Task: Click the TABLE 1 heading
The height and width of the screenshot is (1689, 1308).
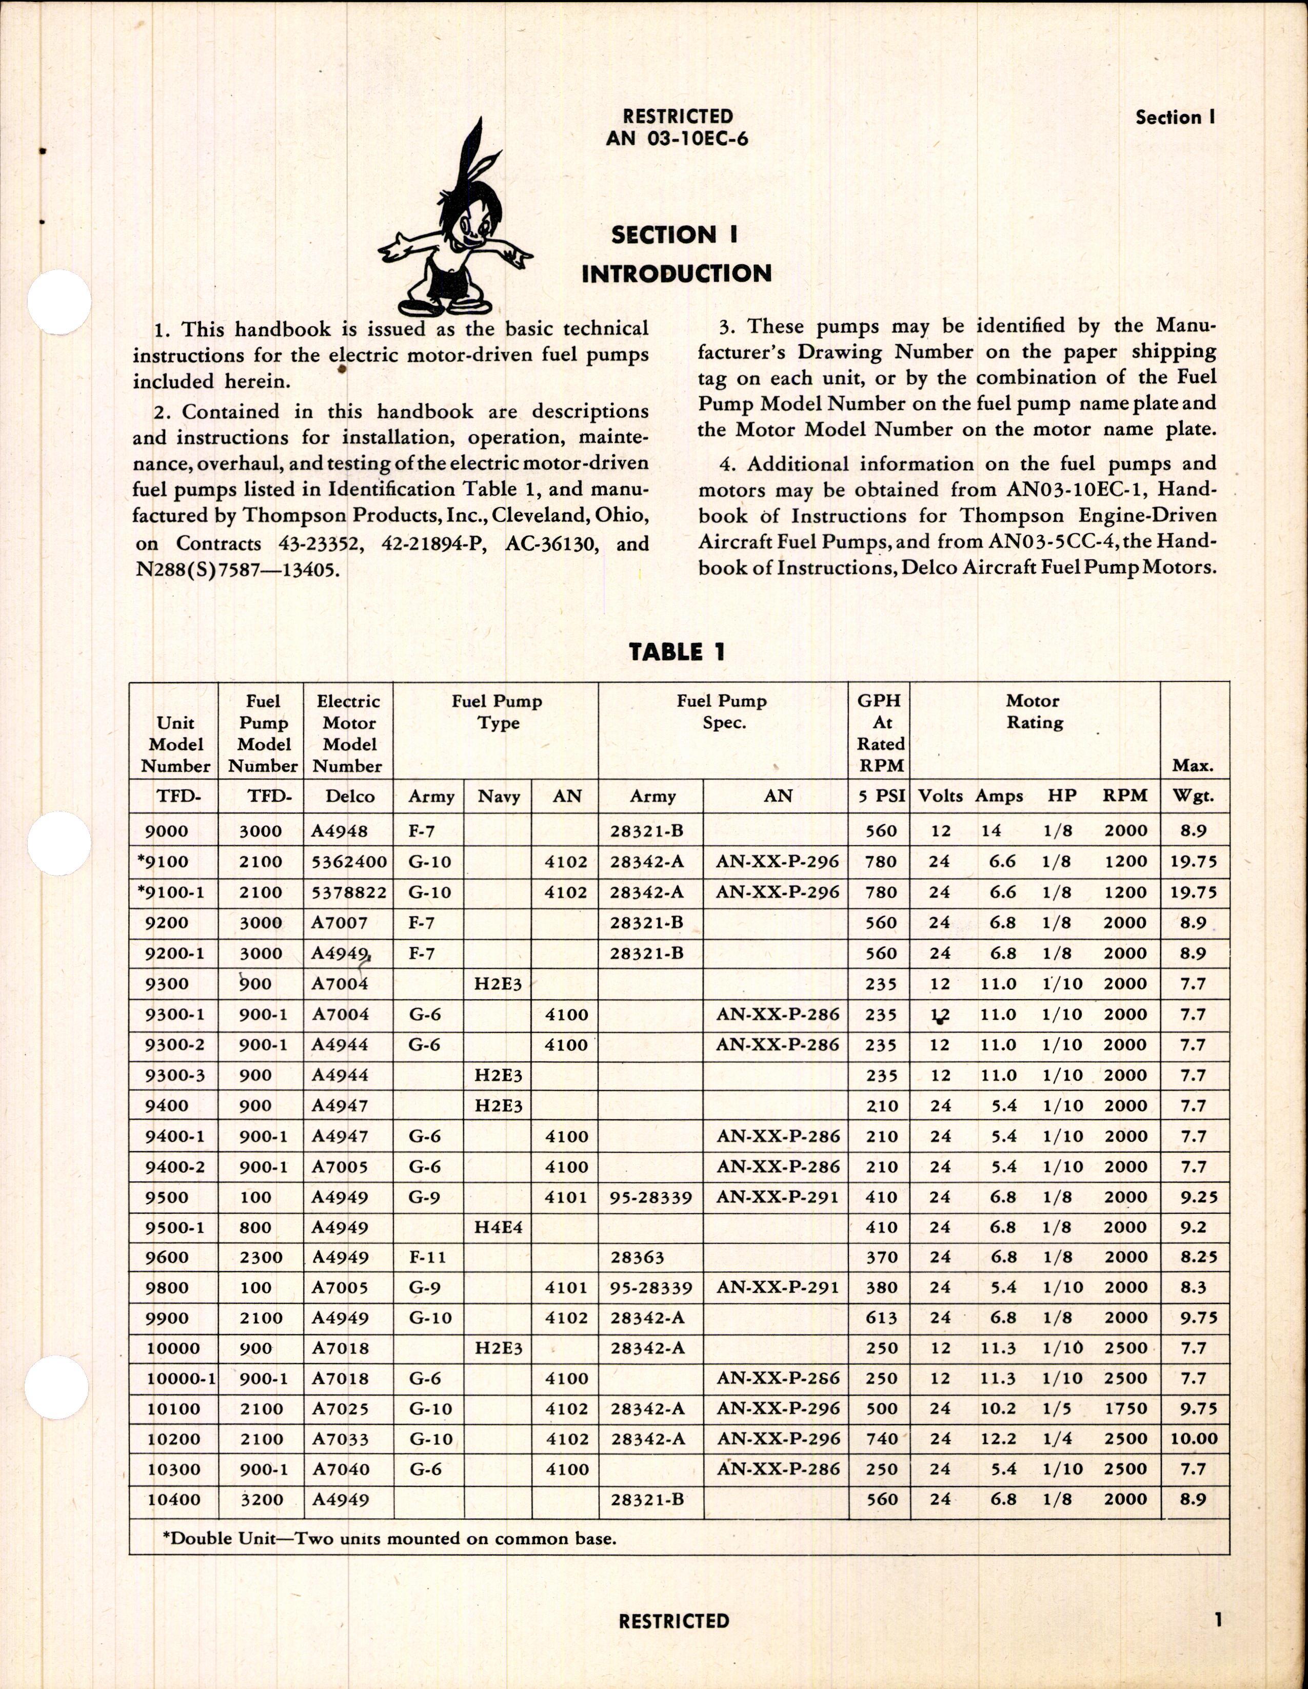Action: coord(677,652)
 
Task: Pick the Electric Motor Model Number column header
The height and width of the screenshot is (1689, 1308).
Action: coord(349,733)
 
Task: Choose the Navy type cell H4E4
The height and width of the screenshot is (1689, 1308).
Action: coord(499,1227)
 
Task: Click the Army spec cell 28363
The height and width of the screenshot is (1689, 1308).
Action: coord(637,1257)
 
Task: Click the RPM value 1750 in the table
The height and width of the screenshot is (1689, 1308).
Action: coord(1125,1408)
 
